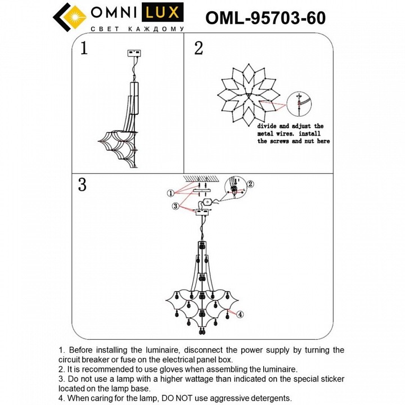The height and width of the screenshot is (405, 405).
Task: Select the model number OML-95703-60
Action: pos(265,18)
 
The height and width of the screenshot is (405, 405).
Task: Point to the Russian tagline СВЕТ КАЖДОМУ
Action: pos(137,29)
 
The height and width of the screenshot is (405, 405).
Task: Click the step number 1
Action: pos(84,48)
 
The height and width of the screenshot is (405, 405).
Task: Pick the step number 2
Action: pos(198,48)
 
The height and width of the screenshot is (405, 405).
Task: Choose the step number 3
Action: pos(83,185)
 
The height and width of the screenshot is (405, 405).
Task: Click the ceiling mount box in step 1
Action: pos(134,54)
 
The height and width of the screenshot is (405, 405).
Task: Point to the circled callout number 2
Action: pos(251,183)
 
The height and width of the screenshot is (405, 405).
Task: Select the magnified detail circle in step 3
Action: pos(235,188)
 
